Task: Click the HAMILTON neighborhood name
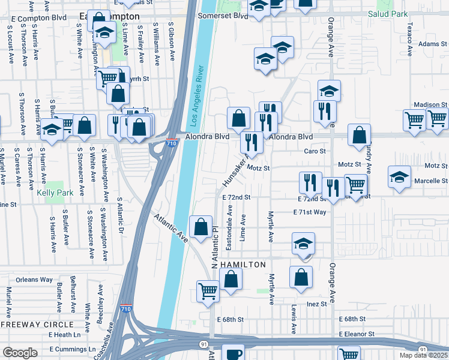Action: (x=243, y=265)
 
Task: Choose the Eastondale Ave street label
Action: (x=229, y=227)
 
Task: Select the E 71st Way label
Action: (x=309, y=212)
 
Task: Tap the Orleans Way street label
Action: (x=35, y=280)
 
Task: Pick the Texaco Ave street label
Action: (x=409, y=37)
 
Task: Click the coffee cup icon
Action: (x=234, y=353)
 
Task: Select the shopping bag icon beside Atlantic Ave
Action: (x=200, y=227)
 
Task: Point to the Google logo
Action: (x=20, y=353)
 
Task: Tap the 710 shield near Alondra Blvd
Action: (x=172, y=144)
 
